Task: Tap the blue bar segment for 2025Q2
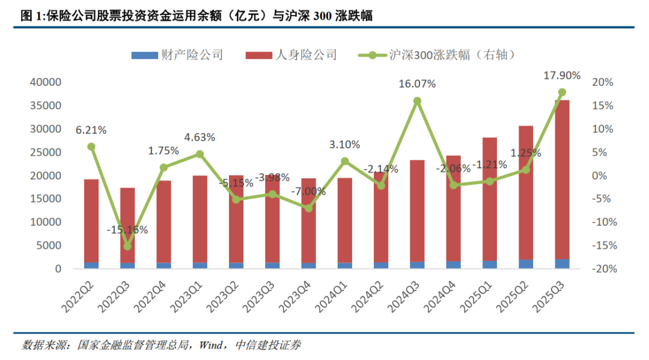click(526, 264)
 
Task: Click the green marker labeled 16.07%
click(417, 101)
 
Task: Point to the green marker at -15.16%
click(127, 246)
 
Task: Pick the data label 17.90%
click(561, 76)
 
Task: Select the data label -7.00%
click(308, 192)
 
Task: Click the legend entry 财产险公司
click(192, 55)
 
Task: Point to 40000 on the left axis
click(45, 82)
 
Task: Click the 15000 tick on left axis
click(45, 199)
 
